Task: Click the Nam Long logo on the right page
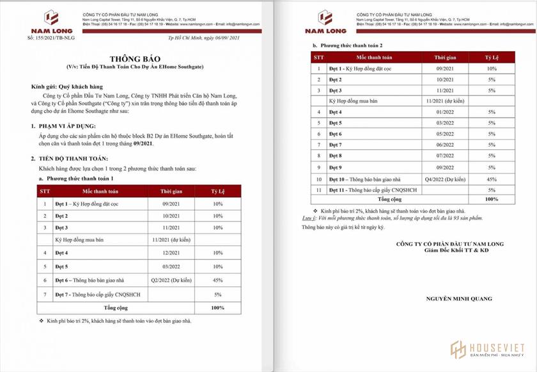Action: (325, 21)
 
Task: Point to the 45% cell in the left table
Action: (218, 280)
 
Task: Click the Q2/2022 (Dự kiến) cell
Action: (172, 280)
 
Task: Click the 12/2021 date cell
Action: (172, 253)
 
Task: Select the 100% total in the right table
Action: (491, 200)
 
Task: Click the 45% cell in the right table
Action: (491, 179)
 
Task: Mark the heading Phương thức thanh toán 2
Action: (352, 45)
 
